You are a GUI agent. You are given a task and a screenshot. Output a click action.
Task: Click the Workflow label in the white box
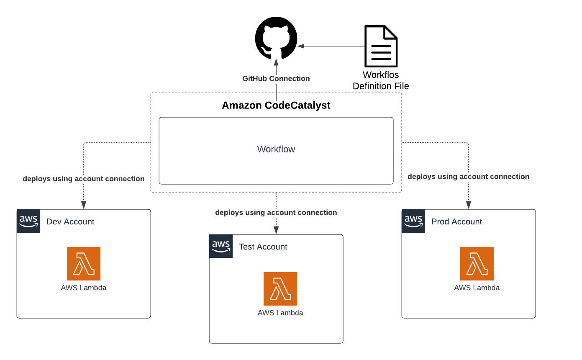pos(276,149)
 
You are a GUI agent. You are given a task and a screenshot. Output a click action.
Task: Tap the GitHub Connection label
pos(276,78)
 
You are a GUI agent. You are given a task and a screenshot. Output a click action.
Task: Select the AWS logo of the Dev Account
pos(28,221)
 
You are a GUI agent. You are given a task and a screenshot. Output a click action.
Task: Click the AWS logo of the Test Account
pos(221,246)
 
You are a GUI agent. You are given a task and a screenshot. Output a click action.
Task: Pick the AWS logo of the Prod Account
pos(413,221)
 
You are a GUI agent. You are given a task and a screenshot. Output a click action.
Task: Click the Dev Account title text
pos(70,222)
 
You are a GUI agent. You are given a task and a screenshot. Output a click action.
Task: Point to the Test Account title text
pos(263,247)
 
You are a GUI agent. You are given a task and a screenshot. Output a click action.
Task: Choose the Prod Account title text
pos(456,222)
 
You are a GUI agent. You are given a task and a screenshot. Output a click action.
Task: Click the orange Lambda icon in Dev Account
pos(84,264)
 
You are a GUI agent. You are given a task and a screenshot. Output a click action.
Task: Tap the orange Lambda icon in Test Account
pos(280,289)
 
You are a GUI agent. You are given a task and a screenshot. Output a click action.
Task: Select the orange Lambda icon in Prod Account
pos(477,264)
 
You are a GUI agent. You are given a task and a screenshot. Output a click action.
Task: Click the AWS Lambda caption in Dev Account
pos(84,288)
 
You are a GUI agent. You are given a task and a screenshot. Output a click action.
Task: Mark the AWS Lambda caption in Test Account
pos(280,313)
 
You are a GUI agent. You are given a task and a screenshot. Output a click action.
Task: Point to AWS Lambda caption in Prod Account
pos(477,288)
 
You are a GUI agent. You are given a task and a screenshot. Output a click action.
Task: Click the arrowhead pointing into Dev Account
pos(84,205)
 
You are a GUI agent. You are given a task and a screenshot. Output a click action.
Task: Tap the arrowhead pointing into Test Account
pos(276,230)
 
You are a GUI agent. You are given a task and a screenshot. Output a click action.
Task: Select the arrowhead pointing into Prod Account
pos(469,205)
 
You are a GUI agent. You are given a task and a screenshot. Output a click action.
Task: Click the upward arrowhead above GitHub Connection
pos(276,62)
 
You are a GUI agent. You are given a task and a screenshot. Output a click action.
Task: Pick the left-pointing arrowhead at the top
pos(300,46)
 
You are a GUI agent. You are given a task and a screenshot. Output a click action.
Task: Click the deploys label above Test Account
pos(276,213)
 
